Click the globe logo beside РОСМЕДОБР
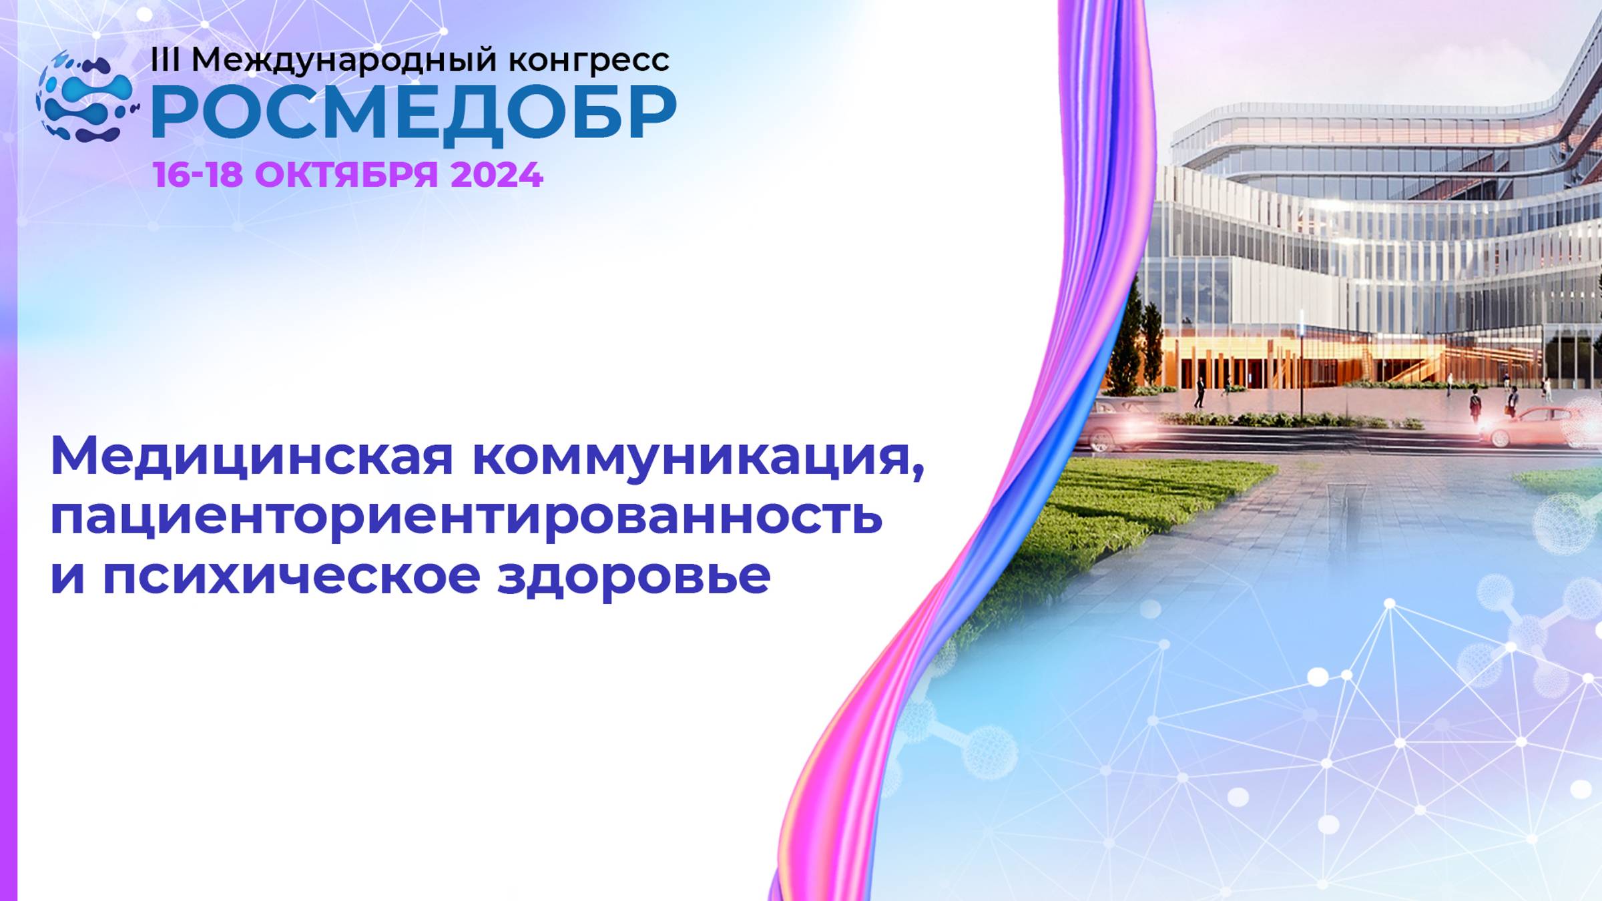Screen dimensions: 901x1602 pos(85,97)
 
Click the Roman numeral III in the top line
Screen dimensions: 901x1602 pos(165,60)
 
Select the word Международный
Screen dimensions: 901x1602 pos(344,61)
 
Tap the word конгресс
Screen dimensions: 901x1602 pos(589,61)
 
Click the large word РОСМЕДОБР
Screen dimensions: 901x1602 pos(414,113)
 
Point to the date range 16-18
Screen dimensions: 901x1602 pos(197,175)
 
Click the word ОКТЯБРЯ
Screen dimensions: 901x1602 pos(346,175)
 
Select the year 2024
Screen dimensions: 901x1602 pos(497,175)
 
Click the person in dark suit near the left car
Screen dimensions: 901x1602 pos(1199,392)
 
